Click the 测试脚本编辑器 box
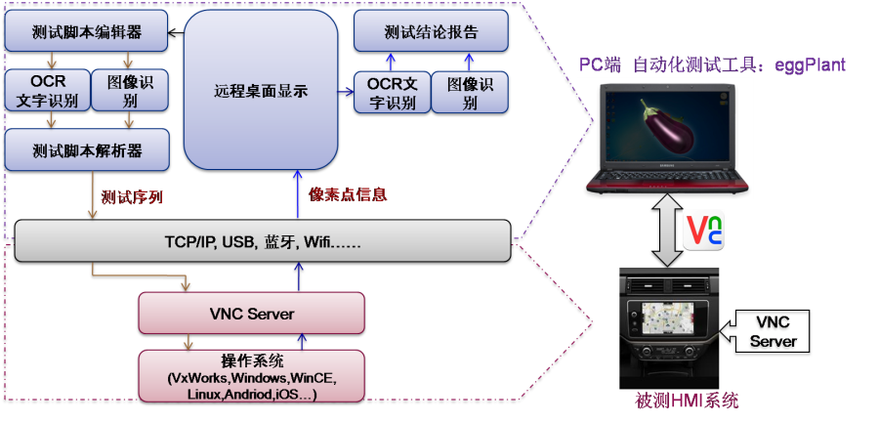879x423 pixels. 86,31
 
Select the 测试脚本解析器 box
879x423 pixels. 86,149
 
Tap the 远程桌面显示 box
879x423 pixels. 261,90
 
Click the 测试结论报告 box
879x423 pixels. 431,31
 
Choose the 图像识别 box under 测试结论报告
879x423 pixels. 470,92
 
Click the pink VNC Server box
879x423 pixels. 252,313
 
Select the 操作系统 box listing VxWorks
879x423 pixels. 252,376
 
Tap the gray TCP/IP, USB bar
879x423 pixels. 263,241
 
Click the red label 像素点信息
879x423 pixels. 348,194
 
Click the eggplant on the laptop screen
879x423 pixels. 667,129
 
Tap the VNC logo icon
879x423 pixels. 703,231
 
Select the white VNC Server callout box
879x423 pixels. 774,331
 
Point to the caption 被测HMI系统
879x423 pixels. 688,401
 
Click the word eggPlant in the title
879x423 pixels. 810,65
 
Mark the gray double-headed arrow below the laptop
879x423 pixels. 665,231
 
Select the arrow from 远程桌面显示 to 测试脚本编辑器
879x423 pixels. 177,33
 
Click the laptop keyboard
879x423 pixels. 666,176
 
